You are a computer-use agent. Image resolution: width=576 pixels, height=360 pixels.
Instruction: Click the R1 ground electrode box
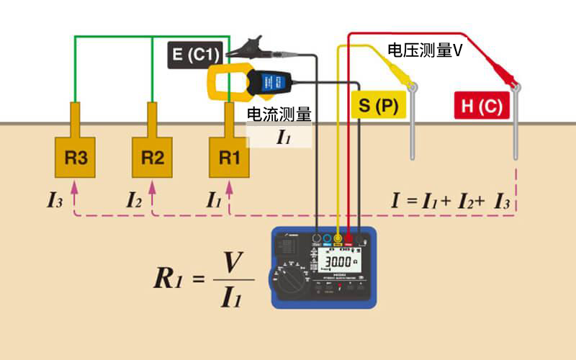(x=229, y=157)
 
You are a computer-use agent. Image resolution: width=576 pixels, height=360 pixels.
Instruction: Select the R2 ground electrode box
(x=152, y=157)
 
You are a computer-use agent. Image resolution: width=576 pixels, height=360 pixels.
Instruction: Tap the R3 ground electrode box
(x=76, y=157)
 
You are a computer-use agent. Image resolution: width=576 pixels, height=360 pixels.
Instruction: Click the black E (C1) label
(x=197, y=55)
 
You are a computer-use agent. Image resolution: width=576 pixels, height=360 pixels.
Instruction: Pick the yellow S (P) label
(x=378, y=106)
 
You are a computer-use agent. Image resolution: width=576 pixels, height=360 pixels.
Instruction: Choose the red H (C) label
(x=482, y=106)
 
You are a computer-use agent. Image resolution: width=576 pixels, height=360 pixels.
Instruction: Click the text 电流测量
(x=279, y=114)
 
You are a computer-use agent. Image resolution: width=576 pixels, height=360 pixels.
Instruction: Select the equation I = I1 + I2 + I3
(x=451, y=201)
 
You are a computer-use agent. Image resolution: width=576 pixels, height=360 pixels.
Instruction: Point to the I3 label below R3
(x=55, y=201)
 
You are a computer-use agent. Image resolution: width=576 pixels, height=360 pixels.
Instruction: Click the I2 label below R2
(x=135, y=201)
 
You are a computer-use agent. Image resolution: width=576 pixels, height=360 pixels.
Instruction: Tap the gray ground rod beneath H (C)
(x=516, y=130)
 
